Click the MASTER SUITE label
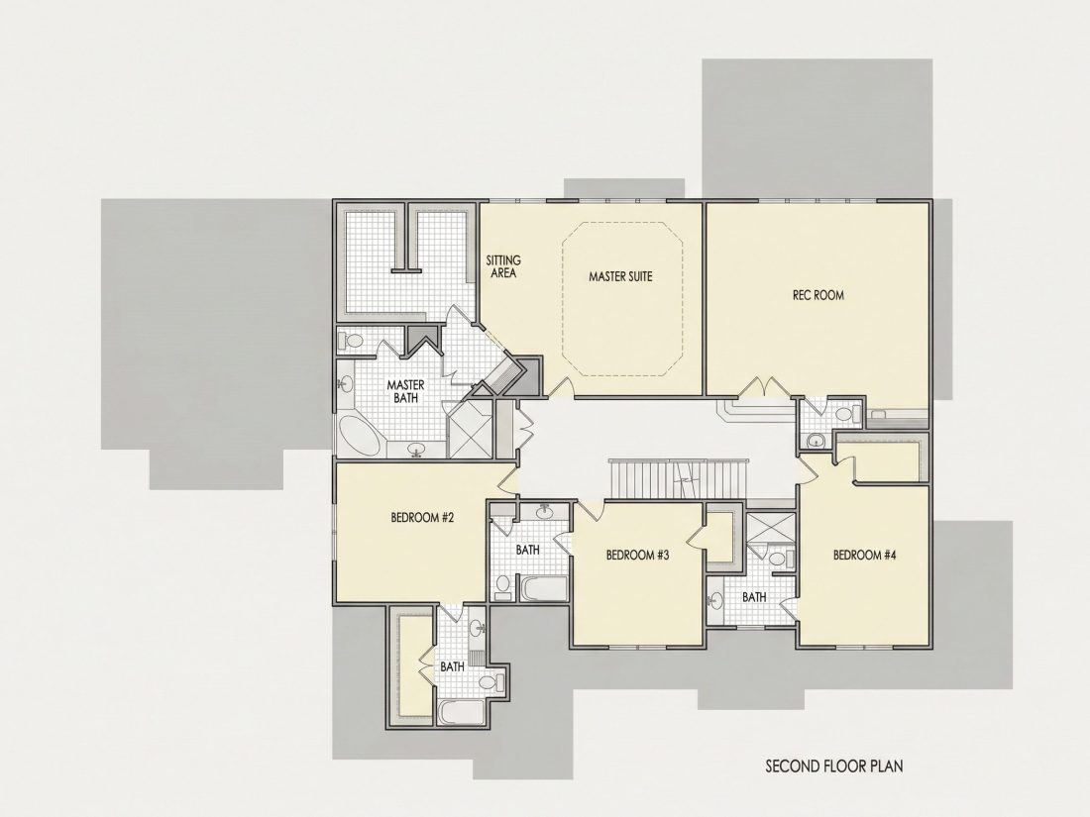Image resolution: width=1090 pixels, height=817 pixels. (620, 276)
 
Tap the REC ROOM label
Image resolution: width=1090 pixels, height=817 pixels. (818, 295)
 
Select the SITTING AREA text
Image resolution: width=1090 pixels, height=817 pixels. (503, 266)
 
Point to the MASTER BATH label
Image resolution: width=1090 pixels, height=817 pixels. (406, 391)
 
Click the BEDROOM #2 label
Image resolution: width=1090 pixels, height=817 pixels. (423, 518)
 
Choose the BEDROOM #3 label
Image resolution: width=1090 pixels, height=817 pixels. (637, 556)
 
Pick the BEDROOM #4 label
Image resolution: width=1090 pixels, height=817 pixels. (865, 556)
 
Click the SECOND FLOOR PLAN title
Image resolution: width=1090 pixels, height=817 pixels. (834, 766)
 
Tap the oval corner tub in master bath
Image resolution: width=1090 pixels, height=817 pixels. (360, 436)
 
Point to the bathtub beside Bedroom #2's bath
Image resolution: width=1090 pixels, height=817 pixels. (544, 589)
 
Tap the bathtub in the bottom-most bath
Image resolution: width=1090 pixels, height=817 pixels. (463, 712)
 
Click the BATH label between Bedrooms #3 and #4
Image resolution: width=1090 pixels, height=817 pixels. (754, 597)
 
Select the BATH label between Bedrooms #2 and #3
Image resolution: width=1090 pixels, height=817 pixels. (527, 551)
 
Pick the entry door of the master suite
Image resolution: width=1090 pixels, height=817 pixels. (560, 388)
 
